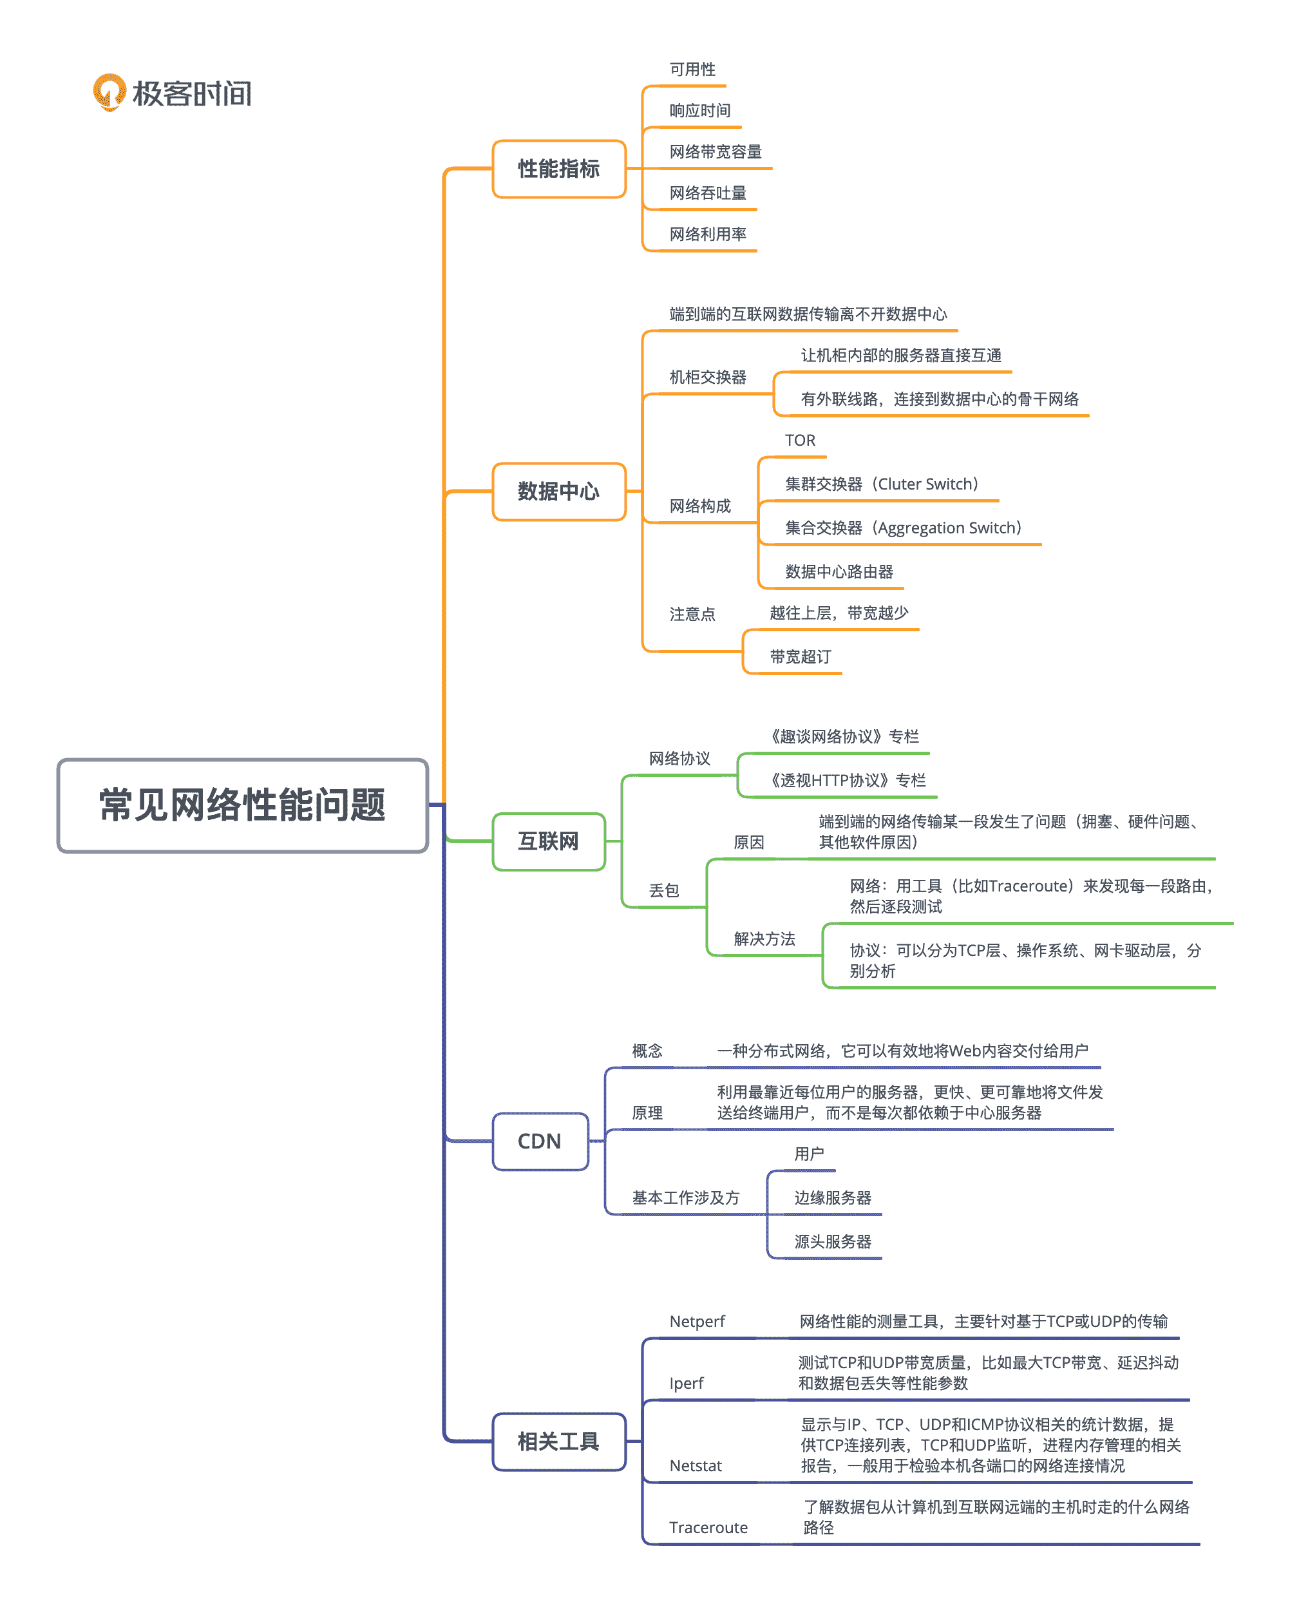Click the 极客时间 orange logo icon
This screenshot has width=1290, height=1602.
click(109, 93)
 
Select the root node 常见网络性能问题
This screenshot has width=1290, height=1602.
click(242, 805)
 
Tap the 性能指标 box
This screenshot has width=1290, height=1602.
click(559, 169)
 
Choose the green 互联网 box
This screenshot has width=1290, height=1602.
click(549, 842)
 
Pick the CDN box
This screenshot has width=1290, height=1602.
click(540, 1141)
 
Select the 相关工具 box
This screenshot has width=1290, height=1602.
click(559, 1442)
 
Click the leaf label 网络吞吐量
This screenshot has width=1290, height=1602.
click(707, 193)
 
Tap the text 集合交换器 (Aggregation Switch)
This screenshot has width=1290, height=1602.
click(903, 528)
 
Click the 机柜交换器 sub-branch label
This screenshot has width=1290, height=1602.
click(707, 377)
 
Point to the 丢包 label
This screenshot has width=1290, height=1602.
click(663, 890)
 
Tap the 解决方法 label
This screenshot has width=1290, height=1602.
click(764, 939)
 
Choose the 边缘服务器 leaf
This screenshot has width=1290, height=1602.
click(832, 1197)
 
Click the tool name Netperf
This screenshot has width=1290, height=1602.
click(696, 1321)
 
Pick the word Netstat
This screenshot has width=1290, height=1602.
click(695, 1465)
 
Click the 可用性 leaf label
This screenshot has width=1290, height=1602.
click(692, 69)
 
